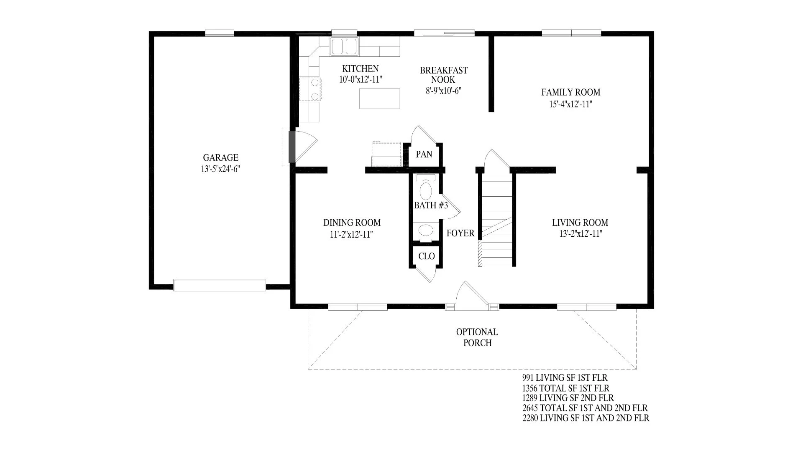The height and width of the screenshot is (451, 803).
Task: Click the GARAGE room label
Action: point(221,158)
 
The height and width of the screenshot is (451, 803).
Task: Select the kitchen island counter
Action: point(380,99)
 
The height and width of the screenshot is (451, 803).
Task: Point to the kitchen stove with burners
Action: point(311,90)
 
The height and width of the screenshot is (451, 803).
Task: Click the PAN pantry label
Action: point(424,155)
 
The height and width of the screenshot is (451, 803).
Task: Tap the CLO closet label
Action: point(427,256)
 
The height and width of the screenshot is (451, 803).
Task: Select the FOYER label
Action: point(460,233)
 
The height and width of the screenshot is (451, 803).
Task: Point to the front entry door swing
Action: point(472,296)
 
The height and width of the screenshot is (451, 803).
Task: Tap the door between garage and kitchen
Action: point(302,146)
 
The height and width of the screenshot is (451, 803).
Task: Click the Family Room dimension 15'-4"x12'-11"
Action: point(571,104)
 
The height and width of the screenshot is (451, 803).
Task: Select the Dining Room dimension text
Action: point(351,235)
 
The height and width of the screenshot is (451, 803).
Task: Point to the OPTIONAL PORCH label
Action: point(477,337)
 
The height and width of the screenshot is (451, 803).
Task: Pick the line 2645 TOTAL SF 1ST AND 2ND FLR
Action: point(585,408)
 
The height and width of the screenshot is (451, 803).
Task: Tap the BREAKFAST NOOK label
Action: point(444,75)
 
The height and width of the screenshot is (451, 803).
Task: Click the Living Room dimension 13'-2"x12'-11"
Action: point(581,234)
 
